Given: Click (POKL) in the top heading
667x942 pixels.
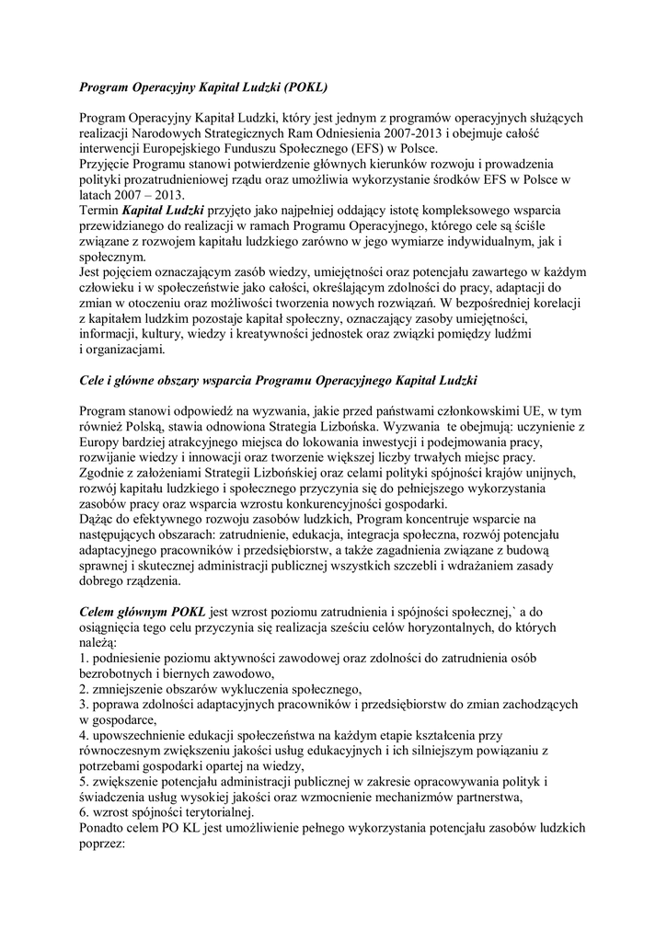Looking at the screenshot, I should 298,88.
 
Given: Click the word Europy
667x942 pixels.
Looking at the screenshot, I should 99,443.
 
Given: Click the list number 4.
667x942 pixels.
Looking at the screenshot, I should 83,736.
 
